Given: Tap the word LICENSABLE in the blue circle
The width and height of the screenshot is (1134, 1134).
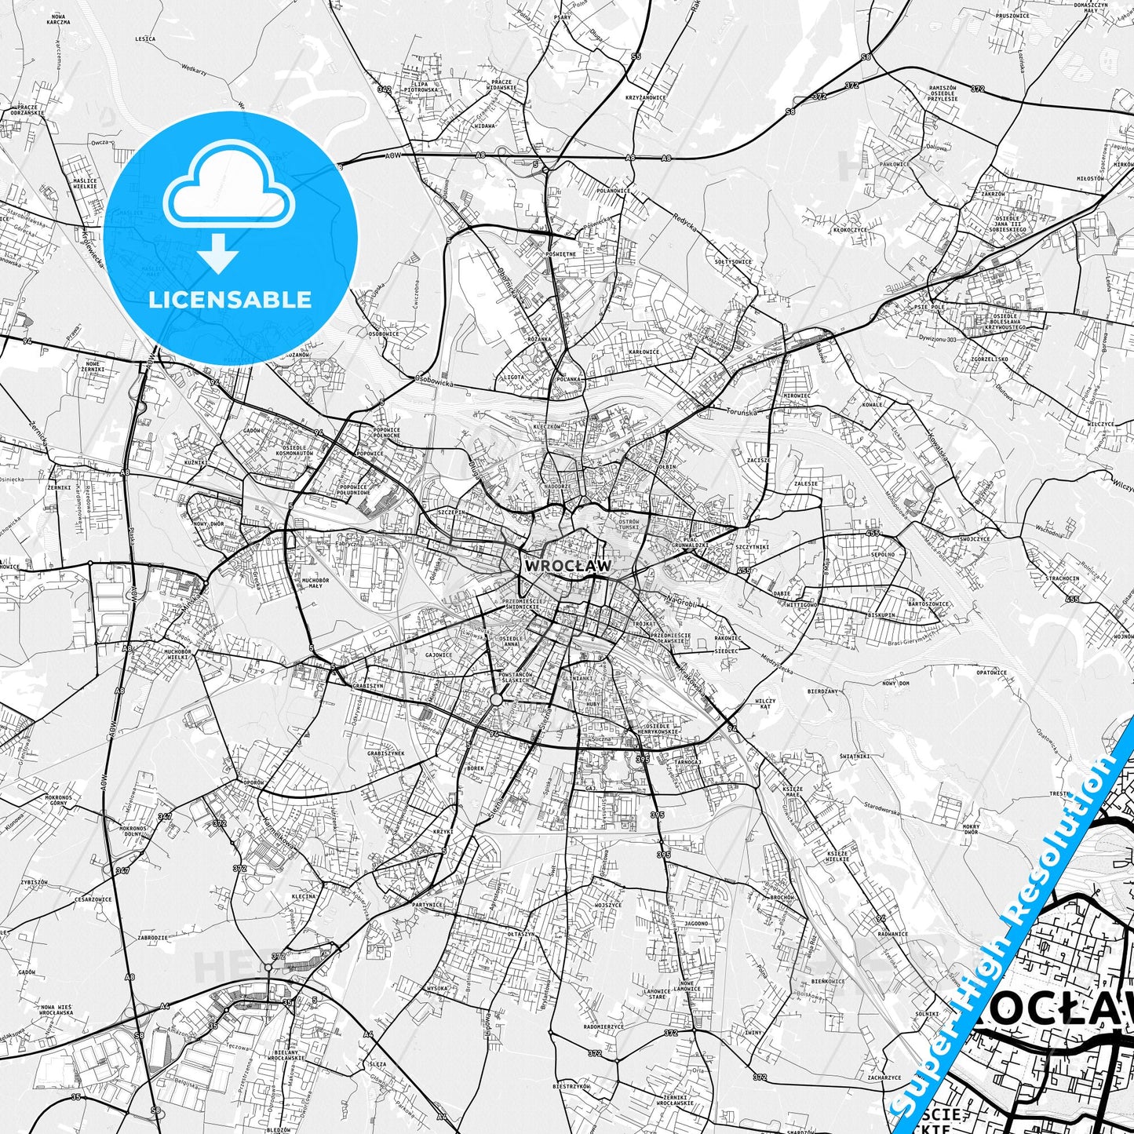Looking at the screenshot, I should [231, 299].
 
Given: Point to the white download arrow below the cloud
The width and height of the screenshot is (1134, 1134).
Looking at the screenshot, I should [218, 253].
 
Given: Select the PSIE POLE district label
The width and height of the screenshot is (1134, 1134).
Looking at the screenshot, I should [929, 307].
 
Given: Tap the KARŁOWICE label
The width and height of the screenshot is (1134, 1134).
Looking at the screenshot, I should [644, 352].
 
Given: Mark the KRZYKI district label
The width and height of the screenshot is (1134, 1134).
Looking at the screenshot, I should [443, 831].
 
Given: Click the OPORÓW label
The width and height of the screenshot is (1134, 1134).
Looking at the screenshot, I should [253, 783].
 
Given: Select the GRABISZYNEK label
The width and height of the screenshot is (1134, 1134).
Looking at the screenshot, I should [385, 753].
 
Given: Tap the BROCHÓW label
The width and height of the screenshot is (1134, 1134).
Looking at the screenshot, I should [782, 897].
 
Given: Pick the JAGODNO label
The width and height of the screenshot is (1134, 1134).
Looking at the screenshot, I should [695, 924].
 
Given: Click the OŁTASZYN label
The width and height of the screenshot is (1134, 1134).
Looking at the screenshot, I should [520, 934].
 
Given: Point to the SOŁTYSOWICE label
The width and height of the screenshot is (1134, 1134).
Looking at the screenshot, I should [733, 262].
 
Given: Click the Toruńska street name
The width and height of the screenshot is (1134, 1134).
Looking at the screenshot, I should [741, 410].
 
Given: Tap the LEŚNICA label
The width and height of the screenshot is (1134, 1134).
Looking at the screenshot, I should [145, 38].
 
